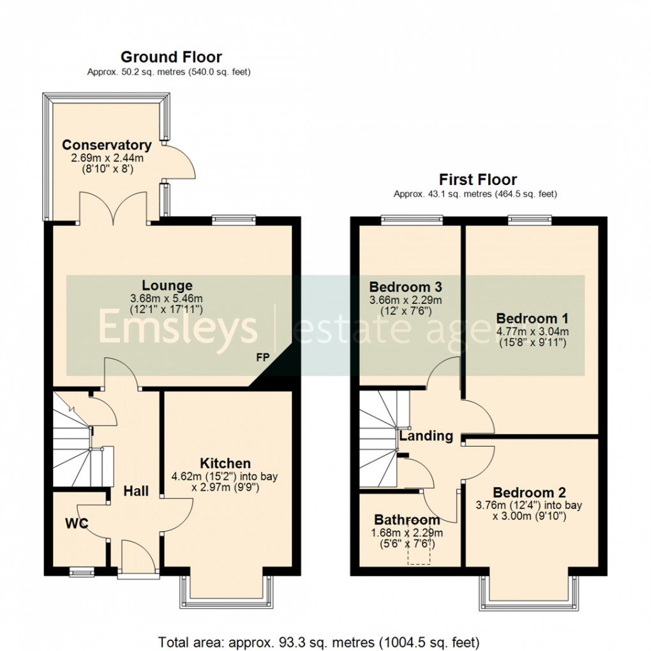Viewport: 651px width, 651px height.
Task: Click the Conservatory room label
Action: coord(107,146)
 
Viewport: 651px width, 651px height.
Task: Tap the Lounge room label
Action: coord(167,285)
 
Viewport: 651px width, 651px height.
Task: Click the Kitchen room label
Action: coord(225,463)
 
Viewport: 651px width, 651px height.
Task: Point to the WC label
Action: coord(76,523)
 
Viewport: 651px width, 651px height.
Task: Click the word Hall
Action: coord(136,491)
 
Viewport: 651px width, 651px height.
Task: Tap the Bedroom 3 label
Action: coord(406,287)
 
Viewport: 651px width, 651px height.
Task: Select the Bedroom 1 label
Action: coord(532,318)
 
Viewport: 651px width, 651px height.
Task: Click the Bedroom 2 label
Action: coord(529,493)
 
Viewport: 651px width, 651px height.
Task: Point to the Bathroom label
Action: coord(407,520)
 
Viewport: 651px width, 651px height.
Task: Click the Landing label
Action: coord(426,436)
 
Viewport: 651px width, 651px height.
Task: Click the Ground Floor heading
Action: coord(171,57)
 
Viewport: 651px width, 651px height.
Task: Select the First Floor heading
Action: coord(477,179)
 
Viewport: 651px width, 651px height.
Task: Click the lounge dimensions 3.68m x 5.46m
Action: coord(167,298)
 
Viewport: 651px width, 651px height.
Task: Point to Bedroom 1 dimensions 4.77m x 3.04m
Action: coord(532,331)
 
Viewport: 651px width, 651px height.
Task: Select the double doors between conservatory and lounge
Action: coord(114,211)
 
